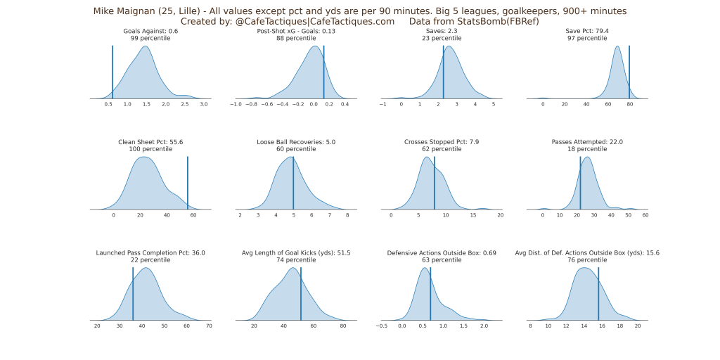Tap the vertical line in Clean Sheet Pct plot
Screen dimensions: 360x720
coord(188,183)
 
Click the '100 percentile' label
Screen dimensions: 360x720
coord(150,149)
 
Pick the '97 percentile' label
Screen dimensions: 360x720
coord(587,38)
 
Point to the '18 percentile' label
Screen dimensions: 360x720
coord(587,149)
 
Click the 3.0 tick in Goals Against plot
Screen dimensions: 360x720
coord(203,104)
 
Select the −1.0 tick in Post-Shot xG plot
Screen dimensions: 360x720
coord(236,104)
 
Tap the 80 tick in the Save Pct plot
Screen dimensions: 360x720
coord(630,104)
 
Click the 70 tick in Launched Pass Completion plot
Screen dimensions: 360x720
coord(209,326)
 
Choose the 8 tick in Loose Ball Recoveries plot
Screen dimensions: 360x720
coord(347,215)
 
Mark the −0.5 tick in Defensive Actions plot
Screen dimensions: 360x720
coord(381,326)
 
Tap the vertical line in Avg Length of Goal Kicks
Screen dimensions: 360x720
coord(301,294)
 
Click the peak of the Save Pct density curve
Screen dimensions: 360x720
coord(617,47)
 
